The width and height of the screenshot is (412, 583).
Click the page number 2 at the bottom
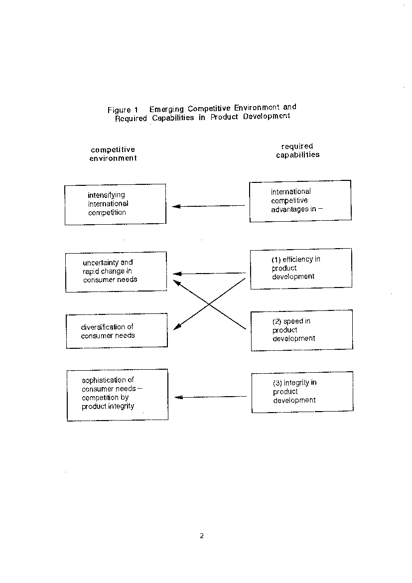pyautogui.click(x=202, y=536)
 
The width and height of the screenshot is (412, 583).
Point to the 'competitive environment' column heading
pyautogui.click(x=113, y=154)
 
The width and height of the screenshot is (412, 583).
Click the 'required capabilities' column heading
pyautogui.click(x=297, y=150)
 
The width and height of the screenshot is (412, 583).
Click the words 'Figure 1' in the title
pyautogui.click(x=123, y=110)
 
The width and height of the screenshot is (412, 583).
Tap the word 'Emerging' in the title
pyautogui.click(x=166, y=109)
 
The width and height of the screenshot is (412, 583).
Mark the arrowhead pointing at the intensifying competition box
pyautogui.click(x=176, y=206)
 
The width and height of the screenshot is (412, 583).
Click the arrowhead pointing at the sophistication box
pyautogui.click(x=178, y=398)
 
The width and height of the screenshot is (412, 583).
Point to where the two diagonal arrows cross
pyautogui.click(x=209, y=304)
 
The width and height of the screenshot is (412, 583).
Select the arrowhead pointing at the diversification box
pyautogui.click(x=177, y=327)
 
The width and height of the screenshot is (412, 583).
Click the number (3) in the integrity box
pyautogui.click(x=277, y=383)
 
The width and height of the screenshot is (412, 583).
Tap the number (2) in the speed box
pyautogui.click(x=276, y=321)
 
